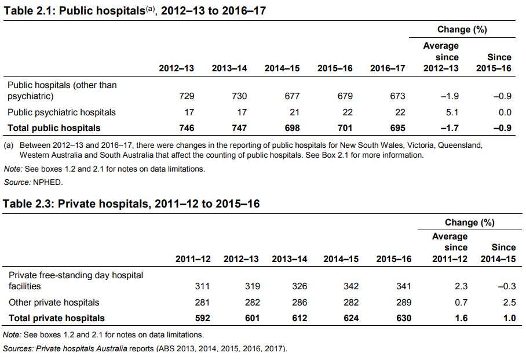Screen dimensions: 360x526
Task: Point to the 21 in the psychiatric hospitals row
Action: coord(294,112)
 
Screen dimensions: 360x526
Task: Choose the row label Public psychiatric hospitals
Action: coord(61,112)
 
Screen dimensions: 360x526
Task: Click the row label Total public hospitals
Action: coord(53,128)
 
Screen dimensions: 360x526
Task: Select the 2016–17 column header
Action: coord(388,68)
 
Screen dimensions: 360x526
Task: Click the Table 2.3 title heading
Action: coord(131,204)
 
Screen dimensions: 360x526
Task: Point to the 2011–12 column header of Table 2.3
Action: coord(193,259)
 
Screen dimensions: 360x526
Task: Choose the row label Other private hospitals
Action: coord(54,303)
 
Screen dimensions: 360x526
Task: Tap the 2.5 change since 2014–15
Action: coord(510,303)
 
